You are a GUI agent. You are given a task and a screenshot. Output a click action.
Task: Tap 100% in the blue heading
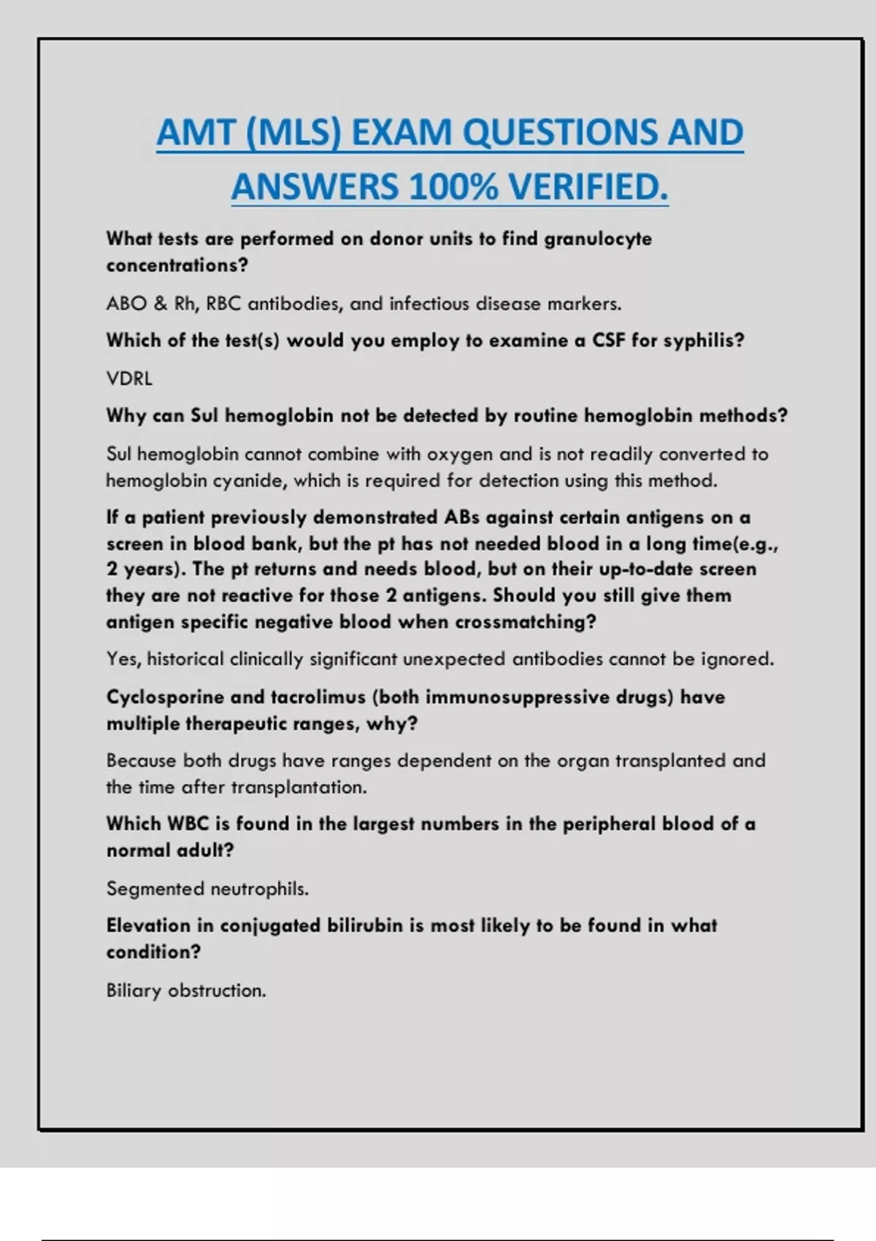pos(453,187)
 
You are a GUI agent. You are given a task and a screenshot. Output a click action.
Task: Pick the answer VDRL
pos(129,379)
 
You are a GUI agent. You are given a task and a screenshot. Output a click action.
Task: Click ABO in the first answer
pos(126,304)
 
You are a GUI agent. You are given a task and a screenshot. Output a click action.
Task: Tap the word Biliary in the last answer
pos(134,991)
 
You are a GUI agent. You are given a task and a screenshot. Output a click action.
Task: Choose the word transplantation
pos(299,788)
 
